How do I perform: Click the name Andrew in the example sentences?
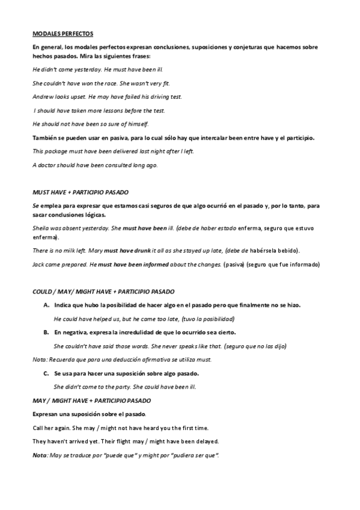click(x=43, y=96)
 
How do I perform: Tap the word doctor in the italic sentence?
click(x=48, y=165)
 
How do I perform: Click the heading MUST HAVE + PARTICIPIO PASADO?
click(x=80, y=192)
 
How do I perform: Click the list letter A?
click(x=46, y=305)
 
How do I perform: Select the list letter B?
click(x=46, y=333)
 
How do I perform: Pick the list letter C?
click(x=46, y=373)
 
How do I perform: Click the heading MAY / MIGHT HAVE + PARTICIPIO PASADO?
click(x=91, y=400)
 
